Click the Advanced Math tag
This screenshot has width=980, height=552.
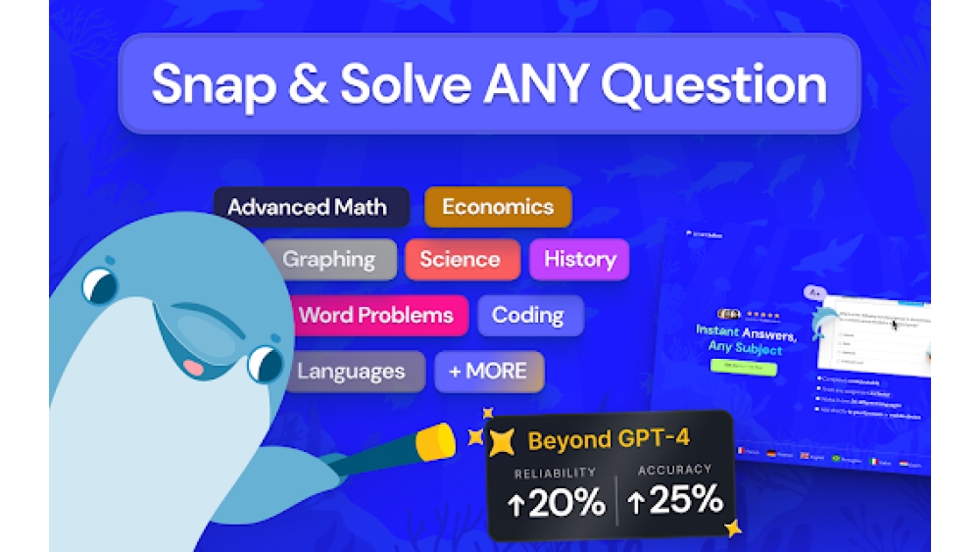coord(308,207)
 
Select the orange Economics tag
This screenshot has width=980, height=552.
coord(498,207)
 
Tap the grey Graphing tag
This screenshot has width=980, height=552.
coord(329,260)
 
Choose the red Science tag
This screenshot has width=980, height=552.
coord(460,260)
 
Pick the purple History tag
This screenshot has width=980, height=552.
coord(579,260)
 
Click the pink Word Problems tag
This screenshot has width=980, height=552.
coord(375,316)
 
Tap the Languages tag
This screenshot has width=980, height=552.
coord(350,372)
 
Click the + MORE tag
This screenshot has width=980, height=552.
coord(488,372)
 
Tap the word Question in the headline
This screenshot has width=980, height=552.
coord(713,86)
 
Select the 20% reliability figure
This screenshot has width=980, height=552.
coord(556,503)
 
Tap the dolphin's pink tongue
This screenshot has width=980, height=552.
coord(193,368)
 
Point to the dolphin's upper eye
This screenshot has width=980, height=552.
coord(99,286)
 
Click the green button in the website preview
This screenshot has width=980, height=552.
coord(743,369)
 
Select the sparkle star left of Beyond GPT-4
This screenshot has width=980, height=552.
coord(501,441)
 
